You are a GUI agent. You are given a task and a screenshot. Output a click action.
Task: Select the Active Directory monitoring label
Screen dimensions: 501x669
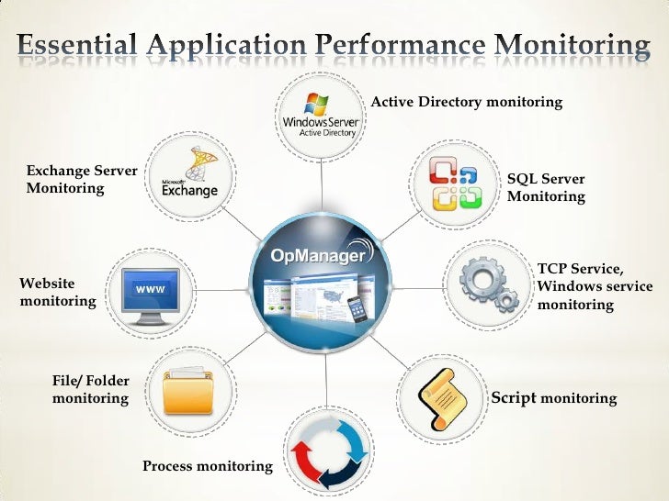coord(466,102)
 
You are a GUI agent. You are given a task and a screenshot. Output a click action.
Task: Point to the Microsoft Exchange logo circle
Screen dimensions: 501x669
coord(190,176)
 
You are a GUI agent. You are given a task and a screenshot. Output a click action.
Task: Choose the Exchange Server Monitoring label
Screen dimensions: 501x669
coord(81,179)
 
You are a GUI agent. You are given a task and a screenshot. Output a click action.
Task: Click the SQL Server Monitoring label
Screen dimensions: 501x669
coord(546,188)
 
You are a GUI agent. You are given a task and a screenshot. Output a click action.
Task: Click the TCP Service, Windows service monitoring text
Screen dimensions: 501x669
coord(594,286)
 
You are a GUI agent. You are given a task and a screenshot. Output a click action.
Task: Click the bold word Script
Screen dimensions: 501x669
coord(515,398)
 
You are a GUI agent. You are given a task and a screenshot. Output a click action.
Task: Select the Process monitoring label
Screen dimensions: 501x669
coord(207,466)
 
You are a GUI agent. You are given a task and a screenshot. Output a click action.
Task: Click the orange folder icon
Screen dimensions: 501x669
coord(190,392)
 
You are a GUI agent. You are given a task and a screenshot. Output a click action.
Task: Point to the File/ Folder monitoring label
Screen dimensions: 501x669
coord(90,389)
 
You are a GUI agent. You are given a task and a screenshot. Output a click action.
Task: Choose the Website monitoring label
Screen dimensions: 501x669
coord(57,292)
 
